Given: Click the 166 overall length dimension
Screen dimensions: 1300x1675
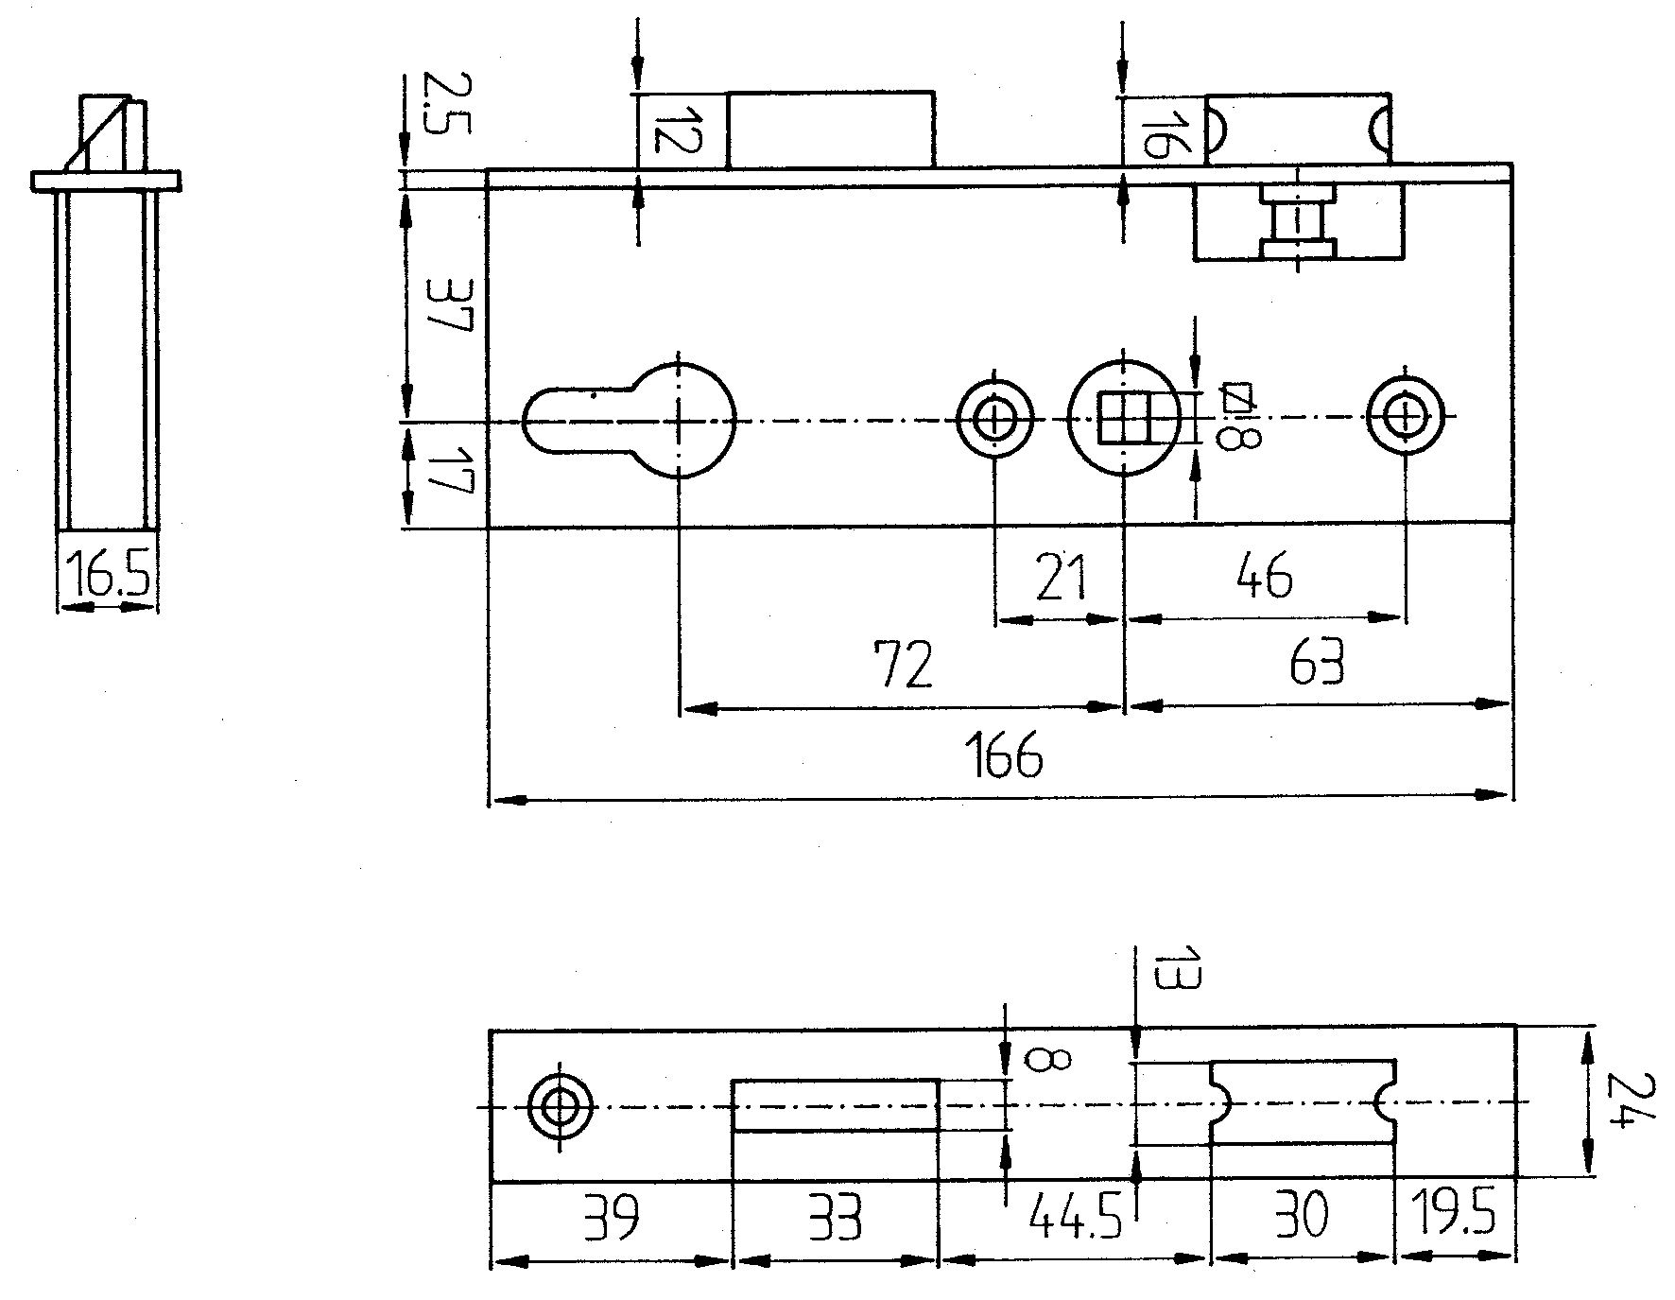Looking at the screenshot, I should coord(1004,754).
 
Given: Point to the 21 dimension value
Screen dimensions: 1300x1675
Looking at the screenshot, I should coord(1061,579).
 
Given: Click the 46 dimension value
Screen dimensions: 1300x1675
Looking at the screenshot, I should coord(1264,576).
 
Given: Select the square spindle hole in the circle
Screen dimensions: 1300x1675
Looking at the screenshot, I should coord(1123,418).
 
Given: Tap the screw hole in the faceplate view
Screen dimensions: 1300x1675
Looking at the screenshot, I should coord(560,1105).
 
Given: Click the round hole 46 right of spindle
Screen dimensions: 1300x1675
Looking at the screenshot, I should coord(1406,416).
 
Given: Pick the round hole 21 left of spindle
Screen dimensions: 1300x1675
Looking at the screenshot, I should coord(994,418).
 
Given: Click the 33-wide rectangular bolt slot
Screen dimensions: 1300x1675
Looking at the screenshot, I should coord(836,1104).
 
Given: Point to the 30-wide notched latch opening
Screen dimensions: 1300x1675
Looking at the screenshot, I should coord(1302,1102).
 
